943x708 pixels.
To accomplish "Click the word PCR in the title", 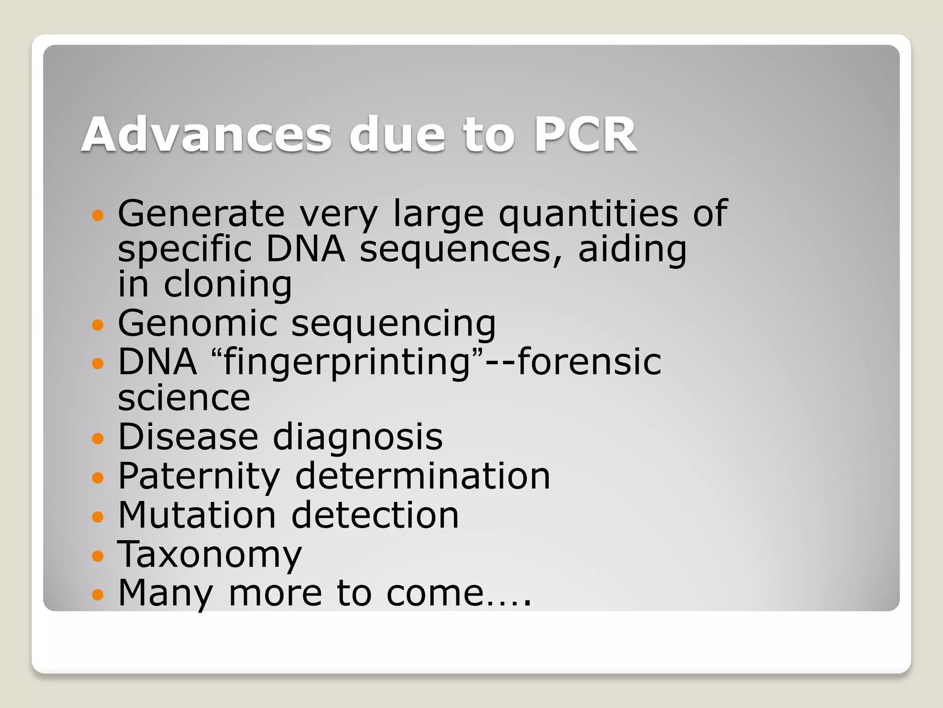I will tap(585, 135).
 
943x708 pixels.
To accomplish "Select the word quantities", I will tap(588, 214).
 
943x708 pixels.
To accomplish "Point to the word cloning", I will tap(228, 285).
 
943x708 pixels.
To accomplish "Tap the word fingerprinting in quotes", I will tap(346, 363).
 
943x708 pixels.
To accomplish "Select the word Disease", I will tap(188, 437).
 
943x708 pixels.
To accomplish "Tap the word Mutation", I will tap(197, 515).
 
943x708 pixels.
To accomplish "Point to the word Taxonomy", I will tap(210, 555).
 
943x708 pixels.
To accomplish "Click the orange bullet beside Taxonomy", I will tap(98, 556).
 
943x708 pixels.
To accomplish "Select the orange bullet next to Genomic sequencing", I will tap(98, 325).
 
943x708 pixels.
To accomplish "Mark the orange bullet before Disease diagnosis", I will tap(98, 438).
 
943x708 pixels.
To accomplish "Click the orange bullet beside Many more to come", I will tap(98, 595).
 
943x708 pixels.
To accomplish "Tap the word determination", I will tap(423, 476).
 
